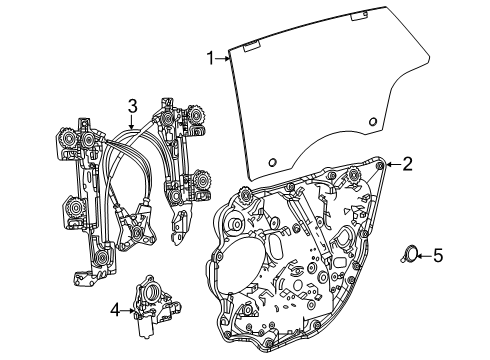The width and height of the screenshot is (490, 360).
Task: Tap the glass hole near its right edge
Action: (x=372, y=123)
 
